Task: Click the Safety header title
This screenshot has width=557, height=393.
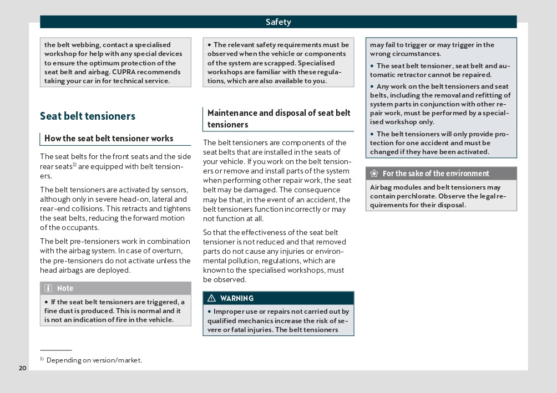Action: pos(278,22)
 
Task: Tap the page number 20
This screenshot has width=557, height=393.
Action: pos(22,368)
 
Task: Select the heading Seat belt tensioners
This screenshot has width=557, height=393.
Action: pos(88,116)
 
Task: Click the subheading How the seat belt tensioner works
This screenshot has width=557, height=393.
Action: pos(109,139)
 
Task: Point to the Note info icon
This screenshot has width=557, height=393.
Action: pos(48,288)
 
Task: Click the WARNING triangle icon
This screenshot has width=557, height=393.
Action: pos(211,298)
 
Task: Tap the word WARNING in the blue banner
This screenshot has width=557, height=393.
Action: pos(237,298)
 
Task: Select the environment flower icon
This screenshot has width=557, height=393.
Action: pos(374,173)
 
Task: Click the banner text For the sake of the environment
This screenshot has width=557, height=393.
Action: pos(436,173)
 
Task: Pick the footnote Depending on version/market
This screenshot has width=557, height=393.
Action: pos(94,360)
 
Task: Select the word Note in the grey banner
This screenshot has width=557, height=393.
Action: pos(65,288)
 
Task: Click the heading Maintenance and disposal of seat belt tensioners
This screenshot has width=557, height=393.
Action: pos(278,119)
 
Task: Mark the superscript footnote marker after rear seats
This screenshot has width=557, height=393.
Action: pos(74,165)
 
